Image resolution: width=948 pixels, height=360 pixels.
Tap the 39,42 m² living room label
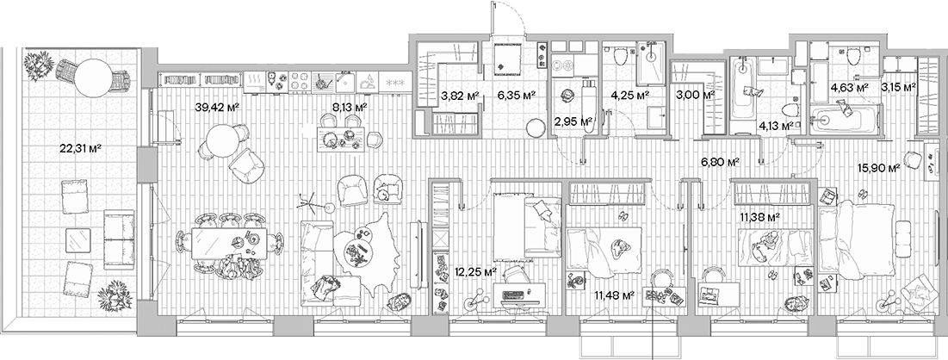click(x=218, y=108)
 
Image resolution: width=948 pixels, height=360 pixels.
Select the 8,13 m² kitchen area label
click(x=350, y=108)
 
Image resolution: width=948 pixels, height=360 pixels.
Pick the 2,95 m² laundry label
click(x=574, y=122)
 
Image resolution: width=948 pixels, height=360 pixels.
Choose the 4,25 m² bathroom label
click(x=629, y=96)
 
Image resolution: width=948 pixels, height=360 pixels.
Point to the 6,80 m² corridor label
click(x=721, y=161)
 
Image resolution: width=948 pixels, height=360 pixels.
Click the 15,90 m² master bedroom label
click(x=881, y=168)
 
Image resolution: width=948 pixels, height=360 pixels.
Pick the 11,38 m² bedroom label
click(x=759, y=217)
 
